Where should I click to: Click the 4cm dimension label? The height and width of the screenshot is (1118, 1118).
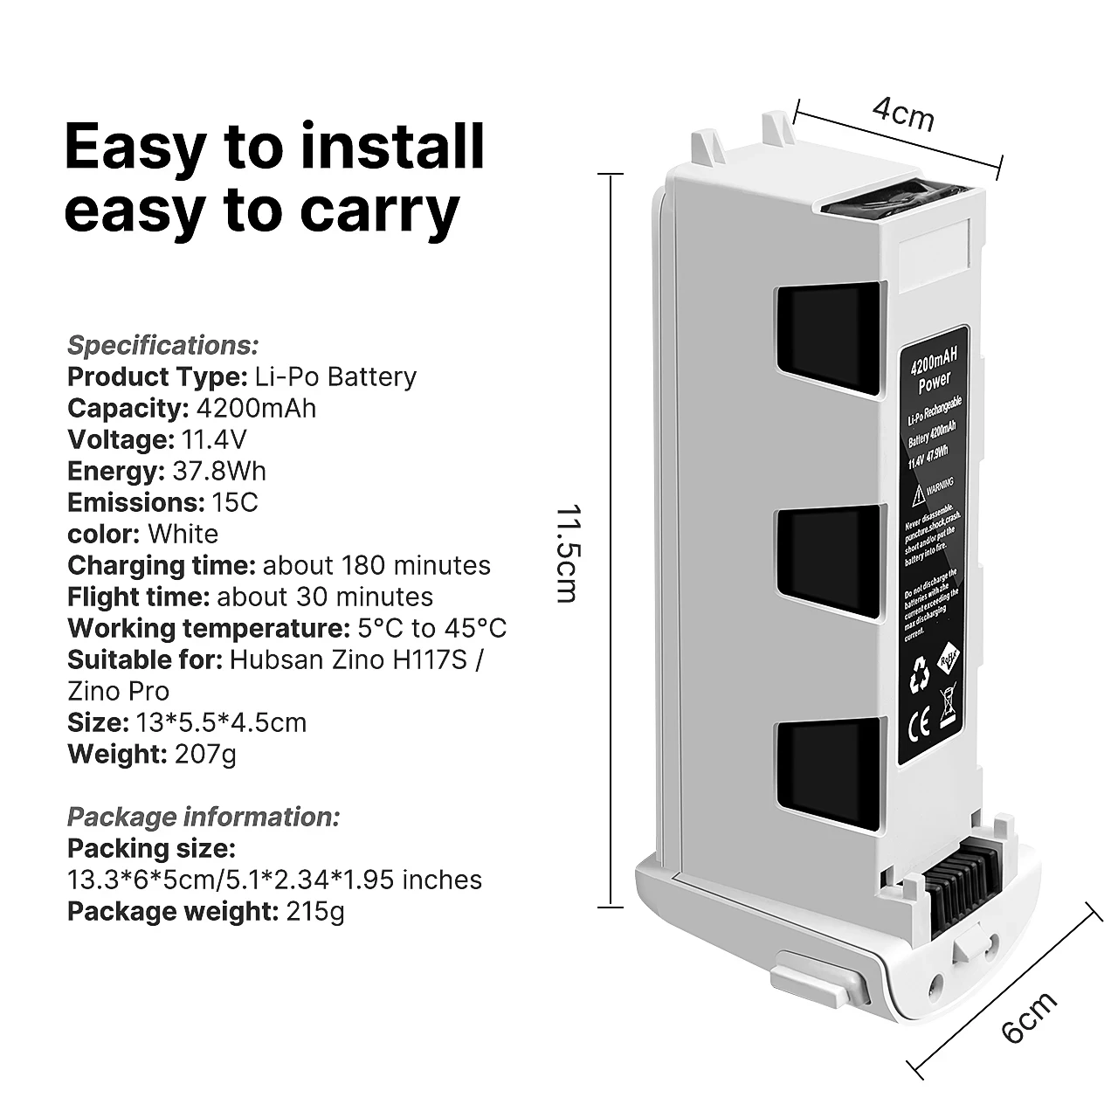click(x=904, y=114)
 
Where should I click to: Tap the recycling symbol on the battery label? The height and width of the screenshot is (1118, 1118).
click(x=919, y=675)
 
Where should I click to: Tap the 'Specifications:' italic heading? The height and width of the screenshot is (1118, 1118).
click(x=163, y=345)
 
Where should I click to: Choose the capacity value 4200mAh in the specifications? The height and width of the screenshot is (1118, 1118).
click(x=257, y=408)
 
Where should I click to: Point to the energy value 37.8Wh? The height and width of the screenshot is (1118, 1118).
click(x=218, y=471)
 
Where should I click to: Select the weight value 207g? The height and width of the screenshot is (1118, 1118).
click(x=205, y=754)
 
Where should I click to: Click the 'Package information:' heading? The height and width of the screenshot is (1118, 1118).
click(x=204, y=817)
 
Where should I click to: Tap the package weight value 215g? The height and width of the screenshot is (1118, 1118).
click(x=315, y=911)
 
